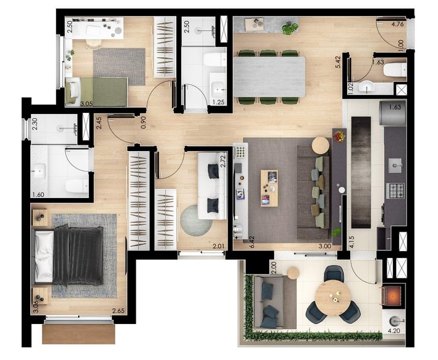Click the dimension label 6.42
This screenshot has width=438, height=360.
[252, 242]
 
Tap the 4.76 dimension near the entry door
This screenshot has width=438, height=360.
[398, 24]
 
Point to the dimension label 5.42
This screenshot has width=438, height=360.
[339, 62]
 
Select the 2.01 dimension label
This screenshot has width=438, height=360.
[219, 246]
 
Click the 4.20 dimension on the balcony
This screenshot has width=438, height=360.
[394, 331]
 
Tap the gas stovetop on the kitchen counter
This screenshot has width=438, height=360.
[395, 191]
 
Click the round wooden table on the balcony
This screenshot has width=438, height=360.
[333, 298]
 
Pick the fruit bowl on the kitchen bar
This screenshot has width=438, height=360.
[339, 136]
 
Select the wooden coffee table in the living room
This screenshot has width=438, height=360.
[269, 188]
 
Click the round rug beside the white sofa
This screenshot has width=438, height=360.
[196, 221]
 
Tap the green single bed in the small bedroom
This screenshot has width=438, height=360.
[96, 92]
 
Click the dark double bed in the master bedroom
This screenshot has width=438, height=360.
[68, 255]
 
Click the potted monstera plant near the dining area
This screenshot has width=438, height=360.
[290, 28]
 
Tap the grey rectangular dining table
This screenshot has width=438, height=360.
[269, 76]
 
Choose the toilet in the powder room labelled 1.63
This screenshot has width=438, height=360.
[395, 70]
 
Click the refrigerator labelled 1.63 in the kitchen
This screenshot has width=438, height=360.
[393, 113]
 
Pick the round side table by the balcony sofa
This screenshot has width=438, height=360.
[293, 273]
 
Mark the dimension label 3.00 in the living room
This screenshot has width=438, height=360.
[325, 246]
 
